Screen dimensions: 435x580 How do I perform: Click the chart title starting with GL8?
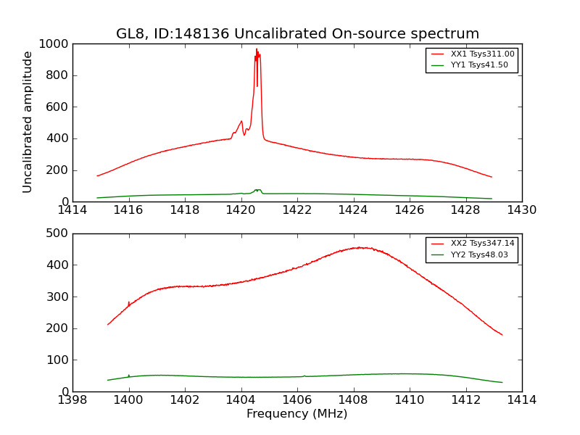(297, 34)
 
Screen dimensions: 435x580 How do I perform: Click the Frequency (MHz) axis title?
(297, 414)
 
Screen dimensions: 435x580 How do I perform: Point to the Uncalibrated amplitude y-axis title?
(28, 122)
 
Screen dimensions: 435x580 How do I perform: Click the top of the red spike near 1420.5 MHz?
(256, 49)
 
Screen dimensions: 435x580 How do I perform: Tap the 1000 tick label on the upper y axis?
(54, 44)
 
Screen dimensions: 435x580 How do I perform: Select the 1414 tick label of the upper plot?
(72, 210)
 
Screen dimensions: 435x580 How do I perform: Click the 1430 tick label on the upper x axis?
(522, 210)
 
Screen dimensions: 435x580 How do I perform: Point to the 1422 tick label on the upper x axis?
(297, 210)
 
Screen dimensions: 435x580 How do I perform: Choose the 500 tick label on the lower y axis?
(58, 233)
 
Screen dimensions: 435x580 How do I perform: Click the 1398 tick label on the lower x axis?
(72, 400)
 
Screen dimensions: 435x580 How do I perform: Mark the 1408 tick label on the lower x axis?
(353, 400)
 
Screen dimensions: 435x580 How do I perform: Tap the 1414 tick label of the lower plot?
(522, 400)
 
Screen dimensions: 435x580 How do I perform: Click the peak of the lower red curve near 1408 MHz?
(360, 247)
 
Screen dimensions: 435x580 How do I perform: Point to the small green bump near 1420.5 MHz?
(257, 190)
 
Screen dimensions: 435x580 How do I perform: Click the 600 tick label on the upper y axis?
(58, 107)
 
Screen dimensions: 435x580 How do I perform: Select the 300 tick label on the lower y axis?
(58, 297)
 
